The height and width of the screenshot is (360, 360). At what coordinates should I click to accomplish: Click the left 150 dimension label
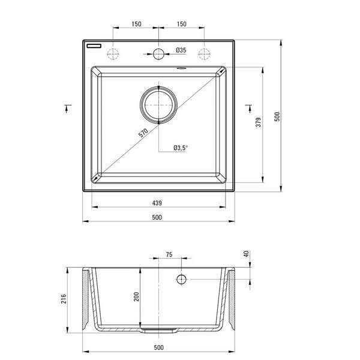[x=136, y=24]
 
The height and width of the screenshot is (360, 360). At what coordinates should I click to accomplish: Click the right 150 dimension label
[x=181, y=24]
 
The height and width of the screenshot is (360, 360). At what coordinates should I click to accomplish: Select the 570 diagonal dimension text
[x=143, y=133]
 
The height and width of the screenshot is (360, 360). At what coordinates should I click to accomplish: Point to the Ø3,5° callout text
[x=181, y=147]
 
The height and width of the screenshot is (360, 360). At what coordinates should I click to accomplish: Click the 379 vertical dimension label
[x=256, y=124]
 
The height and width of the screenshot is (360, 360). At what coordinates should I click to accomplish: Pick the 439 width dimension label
[x=157, y=202]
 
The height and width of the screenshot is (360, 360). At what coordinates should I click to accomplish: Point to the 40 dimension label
[x=246, y=254]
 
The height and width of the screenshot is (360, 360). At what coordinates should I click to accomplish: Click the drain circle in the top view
[x=158, y=104]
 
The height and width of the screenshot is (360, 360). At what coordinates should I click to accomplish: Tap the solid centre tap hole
[x=158, y=53]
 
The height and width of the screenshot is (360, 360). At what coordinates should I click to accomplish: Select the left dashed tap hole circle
[x=113, y=53]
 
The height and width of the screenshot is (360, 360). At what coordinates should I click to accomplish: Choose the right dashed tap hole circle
[x=204, y=53]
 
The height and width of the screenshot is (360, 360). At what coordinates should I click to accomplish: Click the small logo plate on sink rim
[x=94, y=45]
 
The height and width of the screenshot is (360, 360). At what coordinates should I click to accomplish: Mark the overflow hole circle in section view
[x=181, y=279]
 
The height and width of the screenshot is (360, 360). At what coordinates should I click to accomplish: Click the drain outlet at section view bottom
[x=158, y=330]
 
